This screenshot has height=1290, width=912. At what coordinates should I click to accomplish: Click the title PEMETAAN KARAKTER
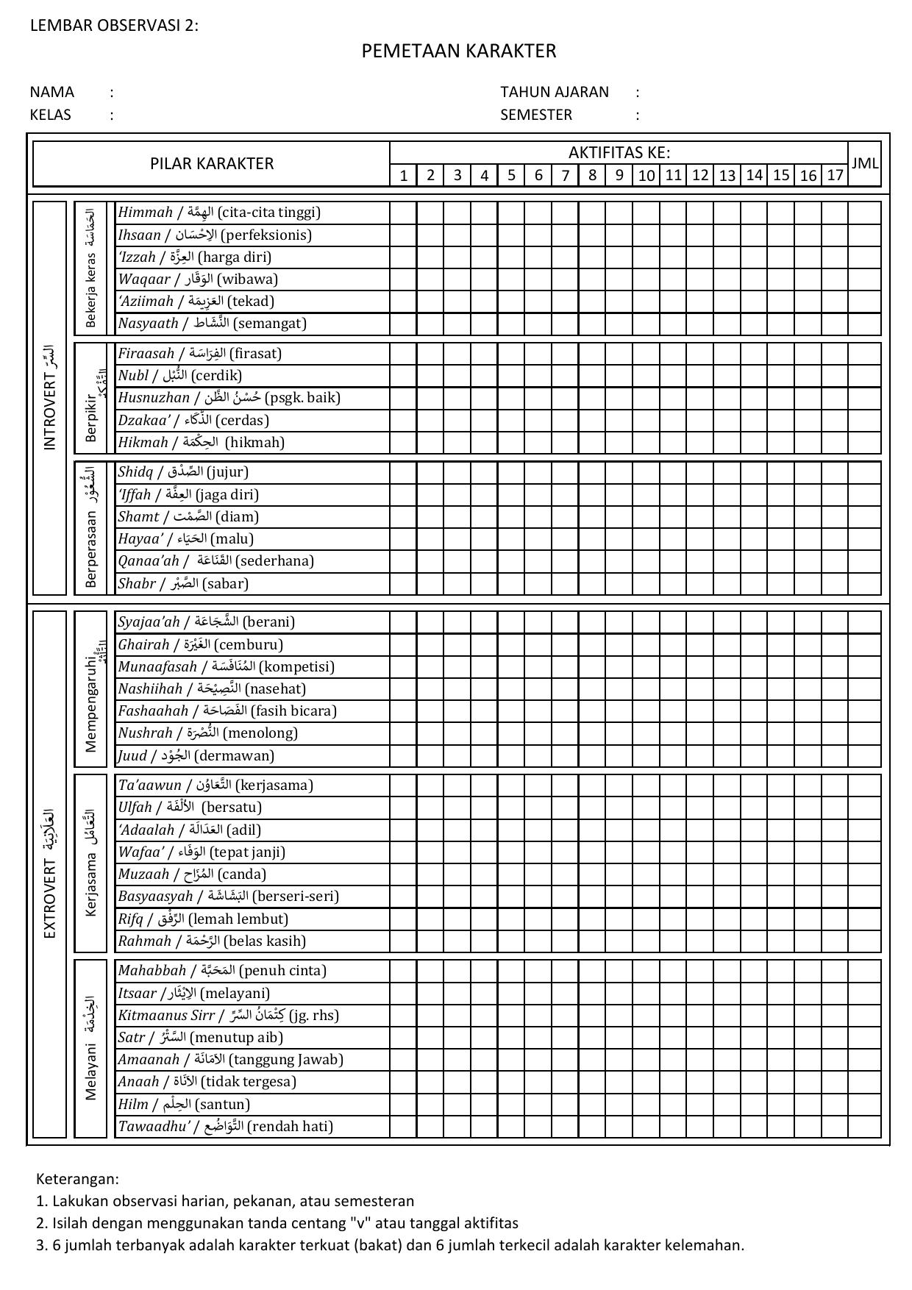click(x=458, y=51)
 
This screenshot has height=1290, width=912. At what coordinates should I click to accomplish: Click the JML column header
click(x=864, y=163)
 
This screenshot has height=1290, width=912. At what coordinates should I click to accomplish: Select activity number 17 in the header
click(x=835, y=175)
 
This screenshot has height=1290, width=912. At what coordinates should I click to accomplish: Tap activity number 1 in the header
click(x=403, y=175)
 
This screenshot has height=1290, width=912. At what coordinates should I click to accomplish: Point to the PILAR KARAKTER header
click(x=212, y=163)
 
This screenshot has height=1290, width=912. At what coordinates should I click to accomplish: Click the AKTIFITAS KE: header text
click(x=619, y=153)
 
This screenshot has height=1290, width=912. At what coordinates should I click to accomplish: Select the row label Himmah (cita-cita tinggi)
click(x=219, y=213)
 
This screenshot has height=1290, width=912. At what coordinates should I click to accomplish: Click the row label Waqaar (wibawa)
click(x=198, y=279)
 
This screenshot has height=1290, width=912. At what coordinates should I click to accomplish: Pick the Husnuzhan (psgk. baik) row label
click(x=229, y=398)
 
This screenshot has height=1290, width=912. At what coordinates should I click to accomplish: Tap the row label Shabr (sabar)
click(x=183, y=584)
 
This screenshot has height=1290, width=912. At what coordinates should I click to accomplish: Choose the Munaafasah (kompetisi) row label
click(x=226, y=667)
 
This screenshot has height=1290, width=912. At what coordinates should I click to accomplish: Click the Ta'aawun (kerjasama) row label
click(x=215, y=785)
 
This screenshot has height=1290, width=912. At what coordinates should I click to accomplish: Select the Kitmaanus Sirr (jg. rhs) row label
click(x=228, y=1016)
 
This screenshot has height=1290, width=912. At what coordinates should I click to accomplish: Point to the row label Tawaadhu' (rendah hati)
click(x=225, y=1127)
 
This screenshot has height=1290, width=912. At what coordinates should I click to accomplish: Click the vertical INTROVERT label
click(x=50, y=398)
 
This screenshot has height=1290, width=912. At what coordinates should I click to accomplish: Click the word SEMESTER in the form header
click(x=536, y=115)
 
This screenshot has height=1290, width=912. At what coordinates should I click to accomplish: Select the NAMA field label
click(x=52, y=92)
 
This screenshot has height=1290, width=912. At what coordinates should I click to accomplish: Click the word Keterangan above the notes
click(x=77, y=1179)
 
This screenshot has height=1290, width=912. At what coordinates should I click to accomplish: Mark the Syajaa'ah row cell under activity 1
click(x=403, y=622)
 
